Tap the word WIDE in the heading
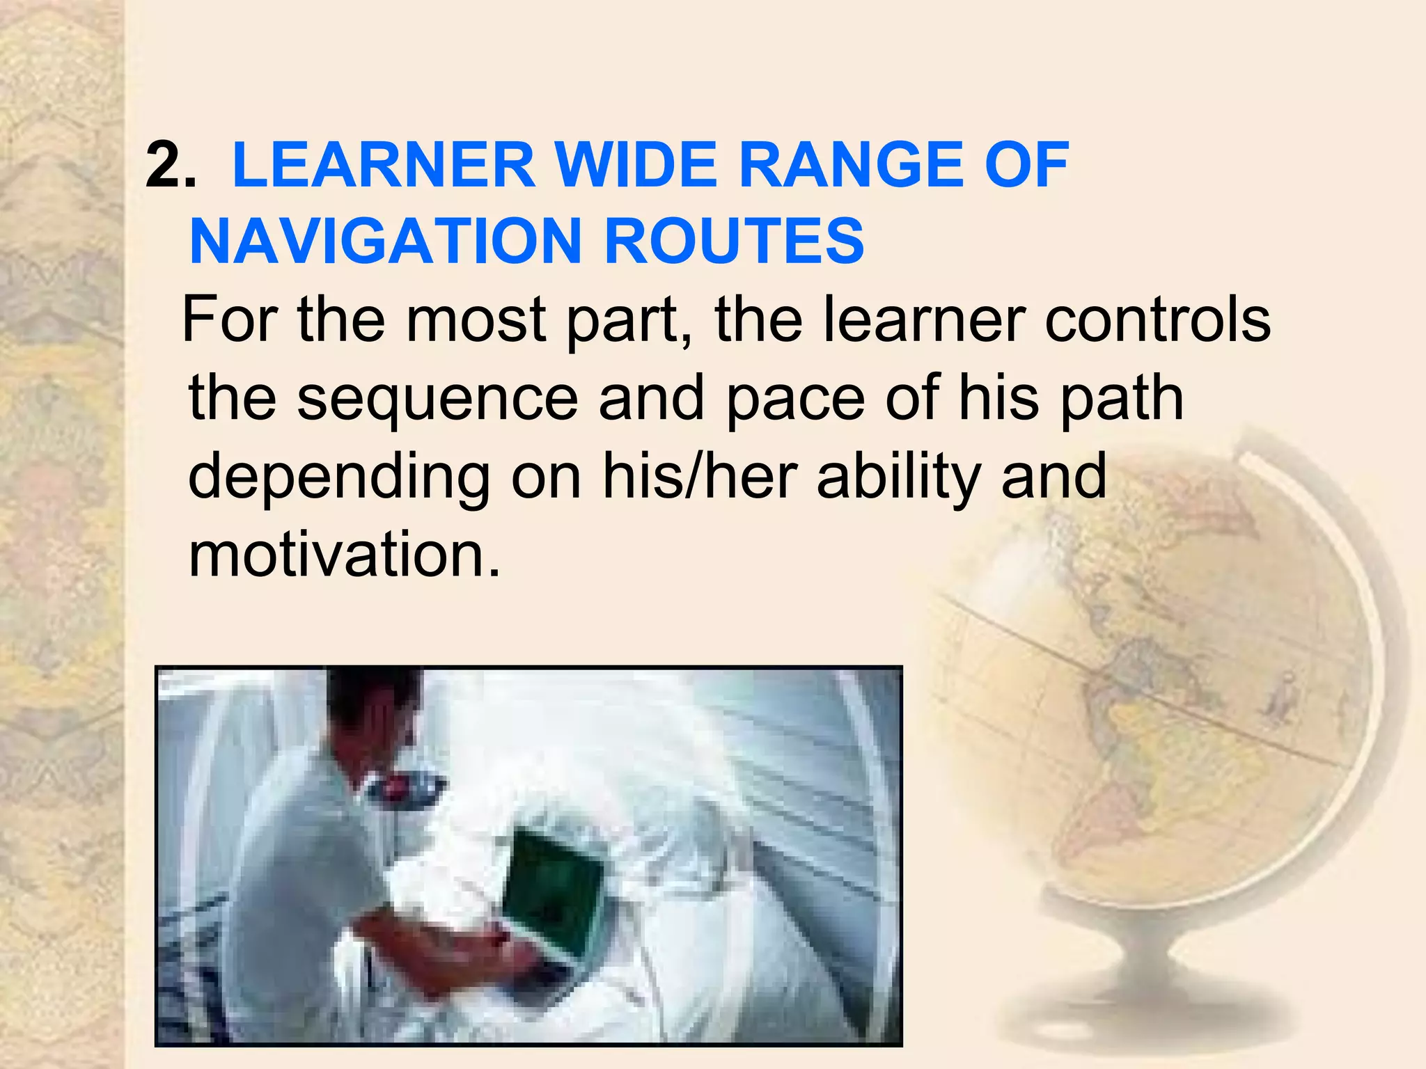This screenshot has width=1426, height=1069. (636, 166)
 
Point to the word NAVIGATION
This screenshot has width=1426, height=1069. (385, 241)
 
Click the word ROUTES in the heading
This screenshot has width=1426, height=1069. (734, 241)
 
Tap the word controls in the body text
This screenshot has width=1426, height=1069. (1159, 319)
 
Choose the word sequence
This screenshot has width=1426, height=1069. (437, 399)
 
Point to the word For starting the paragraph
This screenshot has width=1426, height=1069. (230, 319)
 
